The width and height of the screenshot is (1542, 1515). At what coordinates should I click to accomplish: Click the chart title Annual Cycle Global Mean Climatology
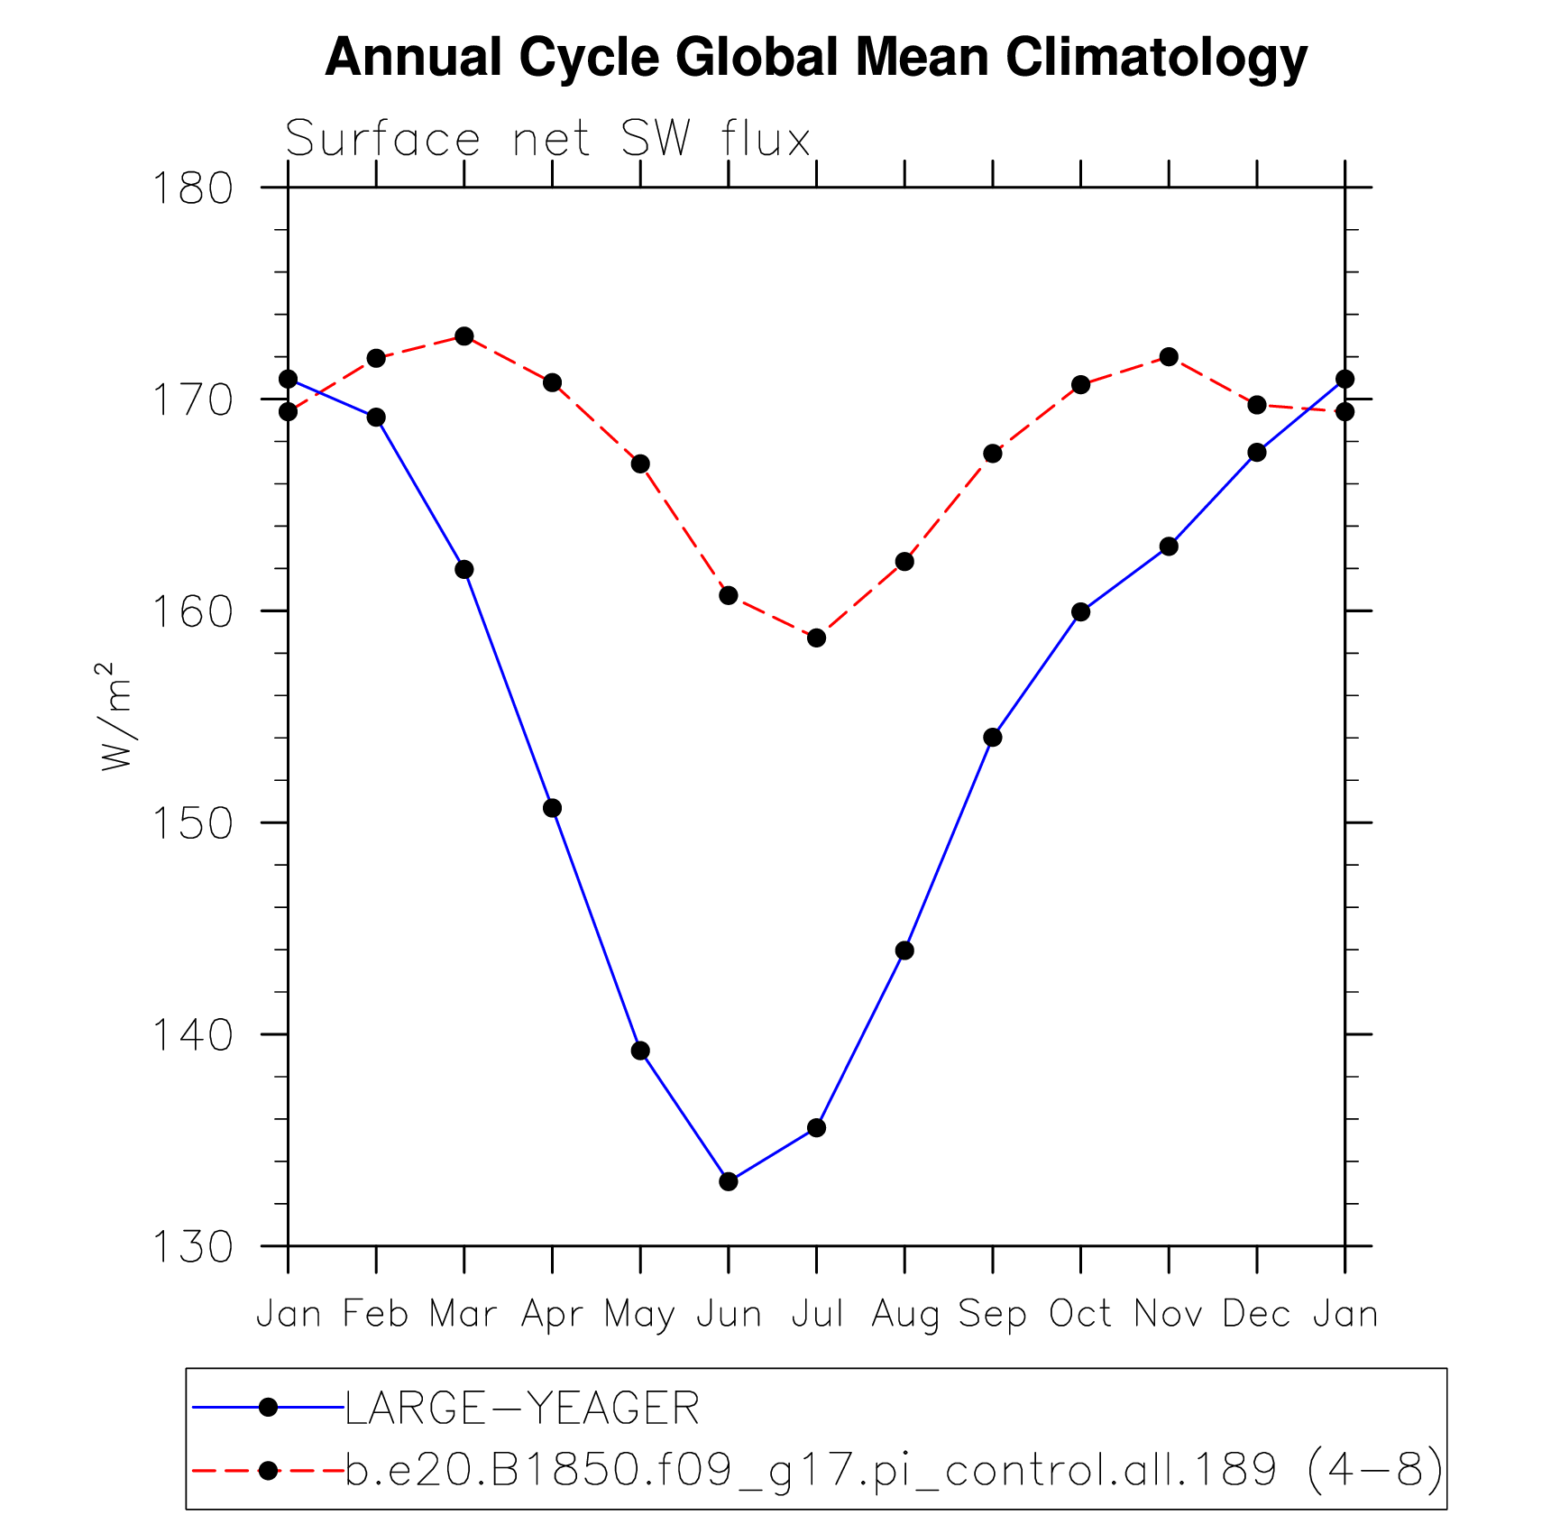click(x=815, y=58)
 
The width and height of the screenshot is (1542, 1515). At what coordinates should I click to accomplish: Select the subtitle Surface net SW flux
click(x=548, y=140)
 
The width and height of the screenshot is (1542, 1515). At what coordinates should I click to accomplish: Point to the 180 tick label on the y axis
click(x=192, y=188)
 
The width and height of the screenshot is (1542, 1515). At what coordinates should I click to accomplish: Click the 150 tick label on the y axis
click(x=192, y=823)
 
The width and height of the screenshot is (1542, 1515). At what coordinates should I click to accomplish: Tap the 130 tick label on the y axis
click(x=192, y=1247)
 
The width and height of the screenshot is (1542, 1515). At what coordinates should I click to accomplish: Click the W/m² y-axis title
click(x=117, y=717)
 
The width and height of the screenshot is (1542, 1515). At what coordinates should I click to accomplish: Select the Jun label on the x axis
click(x=729, y=1314)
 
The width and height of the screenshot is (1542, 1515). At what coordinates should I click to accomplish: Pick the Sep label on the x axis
click(x=992, y=1314)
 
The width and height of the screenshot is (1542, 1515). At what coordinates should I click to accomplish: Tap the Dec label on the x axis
click(x=1256, y=1314)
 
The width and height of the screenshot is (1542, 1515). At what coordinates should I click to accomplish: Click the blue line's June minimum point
click(x=729, y=1181)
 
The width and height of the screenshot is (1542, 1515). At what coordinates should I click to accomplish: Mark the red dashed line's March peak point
click(x=464, y=336)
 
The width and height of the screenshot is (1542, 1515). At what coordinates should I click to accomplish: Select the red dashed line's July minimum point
click(x=817, y=638)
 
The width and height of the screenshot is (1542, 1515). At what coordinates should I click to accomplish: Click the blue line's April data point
click(x=553, y=808)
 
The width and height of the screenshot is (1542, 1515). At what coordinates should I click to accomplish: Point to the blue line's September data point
click(x=993, y=738)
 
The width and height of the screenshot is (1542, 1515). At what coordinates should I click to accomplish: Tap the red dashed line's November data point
click(x=1169, y=357)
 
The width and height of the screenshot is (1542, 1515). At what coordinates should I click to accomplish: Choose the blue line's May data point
click(x=640, y=1051)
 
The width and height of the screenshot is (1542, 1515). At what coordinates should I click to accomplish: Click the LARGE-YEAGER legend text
click(x=522, y=1409)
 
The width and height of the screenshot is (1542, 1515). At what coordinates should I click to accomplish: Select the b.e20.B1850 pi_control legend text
click(x=893, y=1470)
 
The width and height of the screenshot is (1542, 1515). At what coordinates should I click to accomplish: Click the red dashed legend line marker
click(x=268, y=1471)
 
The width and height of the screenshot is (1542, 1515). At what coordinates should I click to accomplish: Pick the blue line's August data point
click(x=904, y=950)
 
